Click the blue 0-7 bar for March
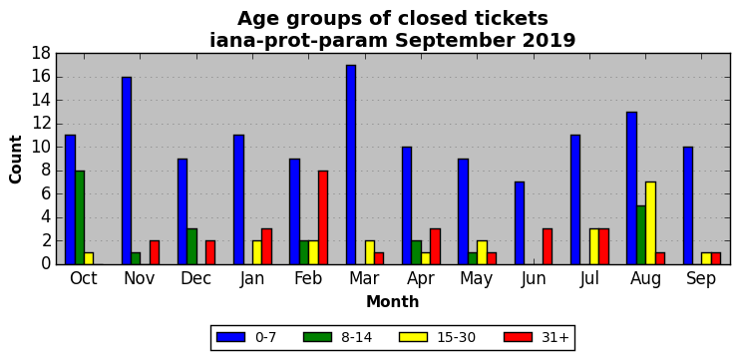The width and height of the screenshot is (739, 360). (x=351, y=165)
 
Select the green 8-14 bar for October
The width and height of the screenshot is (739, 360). (x=80, y=217)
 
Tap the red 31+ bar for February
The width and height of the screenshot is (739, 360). (x=323, y=217)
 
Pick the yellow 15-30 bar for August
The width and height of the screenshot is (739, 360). (x=650, y=223)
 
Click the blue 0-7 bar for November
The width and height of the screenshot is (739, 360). (x=127, y=171)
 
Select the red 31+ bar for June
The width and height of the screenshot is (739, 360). (x=548, y=247)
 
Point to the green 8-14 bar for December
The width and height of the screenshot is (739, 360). (x=191, y=247)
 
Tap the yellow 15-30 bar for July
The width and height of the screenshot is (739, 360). (x=594, y=247)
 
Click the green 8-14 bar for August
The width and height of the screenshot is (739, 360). (x=641, y=235)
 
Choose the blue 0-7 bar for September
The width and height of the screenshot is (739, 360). (x=688, y=205)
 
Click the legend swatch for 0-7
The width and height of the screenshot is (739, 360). (x=230, y=337)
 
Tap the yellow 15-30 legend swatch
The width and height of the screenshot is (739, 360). (x=413, y=337)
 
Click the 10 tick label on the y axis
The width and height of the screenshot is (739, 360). (x=41, y=148)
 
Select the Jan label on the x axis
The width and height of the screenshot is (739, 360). (x=251, y=279)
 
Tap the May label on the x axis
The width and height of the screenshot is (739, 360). (x=477, y=279)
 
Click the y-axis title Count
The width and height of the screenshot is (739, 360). (x=16, y=160)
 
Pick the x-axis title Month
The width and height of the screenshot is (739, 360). (x=393, y=301)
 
